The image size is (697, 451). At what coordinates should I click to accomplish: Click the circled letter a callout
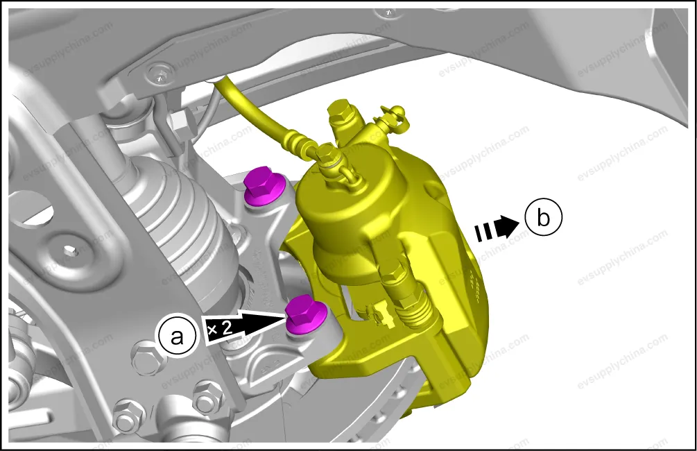pos(177,337)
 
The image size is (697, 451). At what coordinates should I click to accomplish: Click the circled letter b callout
pos(543,218)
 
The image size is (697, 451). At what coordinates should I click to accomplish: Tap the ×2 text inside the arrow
pos(220,329)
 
